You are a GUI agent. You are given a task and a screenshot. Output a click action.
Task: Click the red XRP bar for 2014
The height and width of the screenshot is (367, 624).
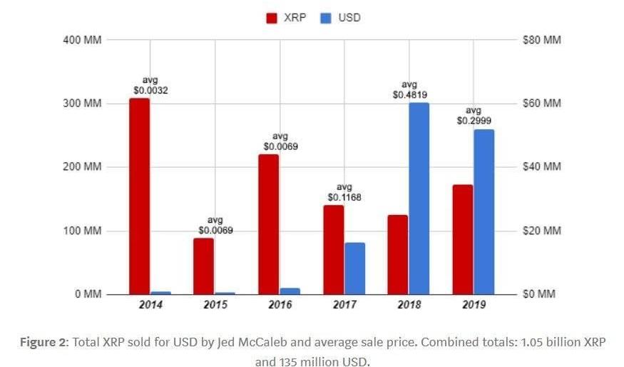click(x=140, y=196)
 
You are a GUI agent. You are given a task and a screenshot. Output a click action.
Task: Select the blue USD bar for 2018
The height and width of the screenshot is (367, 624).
click(x=419, y=198)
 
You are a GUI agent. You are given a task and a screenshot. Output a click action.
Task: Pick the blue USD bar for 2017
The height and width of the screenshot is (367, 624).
click(x=354, y=268)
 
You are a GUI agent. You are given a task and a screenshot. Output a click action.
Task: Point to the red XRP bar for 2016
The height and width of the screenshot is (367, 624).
click(x=269, y=224)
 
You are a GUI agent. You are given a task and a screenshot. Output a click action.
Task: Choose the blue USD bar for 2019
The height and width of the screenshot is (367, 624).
click(x=484, y=211)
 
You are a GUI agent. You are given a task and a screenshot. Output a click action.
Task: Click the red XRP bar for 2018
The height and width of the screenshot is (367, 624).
click(x=397, y=254)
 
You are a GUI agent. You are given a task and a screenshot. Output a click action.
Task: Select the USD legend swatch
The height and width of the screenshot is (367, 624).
click(x=326, y=18)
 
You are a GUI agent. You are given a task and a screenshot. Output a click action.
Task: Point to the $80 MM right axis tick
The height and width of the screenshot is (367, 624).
click(x=542, y=40)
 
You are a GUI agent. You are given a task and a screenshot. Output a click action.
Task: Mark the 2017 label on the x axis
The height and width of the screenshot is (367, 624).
click(x=344, y=306)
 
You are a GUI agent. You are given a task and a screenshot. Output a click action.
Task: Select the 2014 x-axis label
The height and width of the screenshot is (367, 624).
click(x=150, y=306)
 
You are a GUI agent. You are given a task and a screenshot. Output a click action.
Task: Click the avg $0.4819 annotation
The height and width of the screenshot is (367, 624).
click(x=409, y=89)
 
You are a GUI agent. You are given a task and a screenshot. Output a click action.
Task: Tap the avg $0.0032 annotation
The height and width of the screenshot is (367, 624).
click(x=150, y=86)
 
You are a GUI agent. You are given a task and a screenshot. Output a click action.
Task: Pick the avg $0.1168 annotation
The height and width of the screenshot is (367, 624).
click(x=344, y=191)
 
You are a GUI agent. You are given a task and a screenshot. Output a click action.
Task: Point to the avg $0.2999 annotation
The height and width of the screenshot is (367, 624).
click(x=474, y=116)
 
